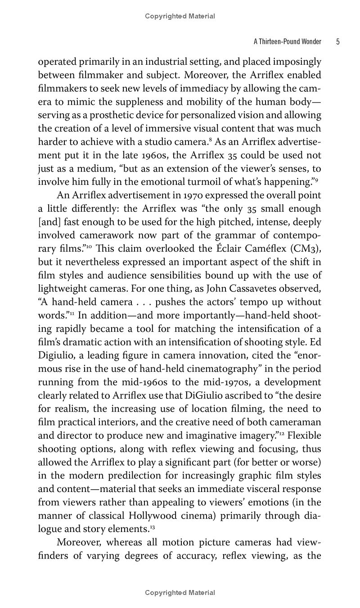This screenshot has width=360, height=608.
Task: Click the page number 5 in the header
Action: pos(337,42)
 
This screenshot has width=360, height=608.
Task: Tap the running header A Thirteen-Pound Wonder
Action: pos(288,42)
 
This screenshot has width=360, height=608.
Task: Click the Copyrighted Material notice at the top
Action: pos(180,17)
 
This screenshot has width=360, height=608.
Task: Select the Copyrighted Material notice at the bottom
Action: pos(180,593)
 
